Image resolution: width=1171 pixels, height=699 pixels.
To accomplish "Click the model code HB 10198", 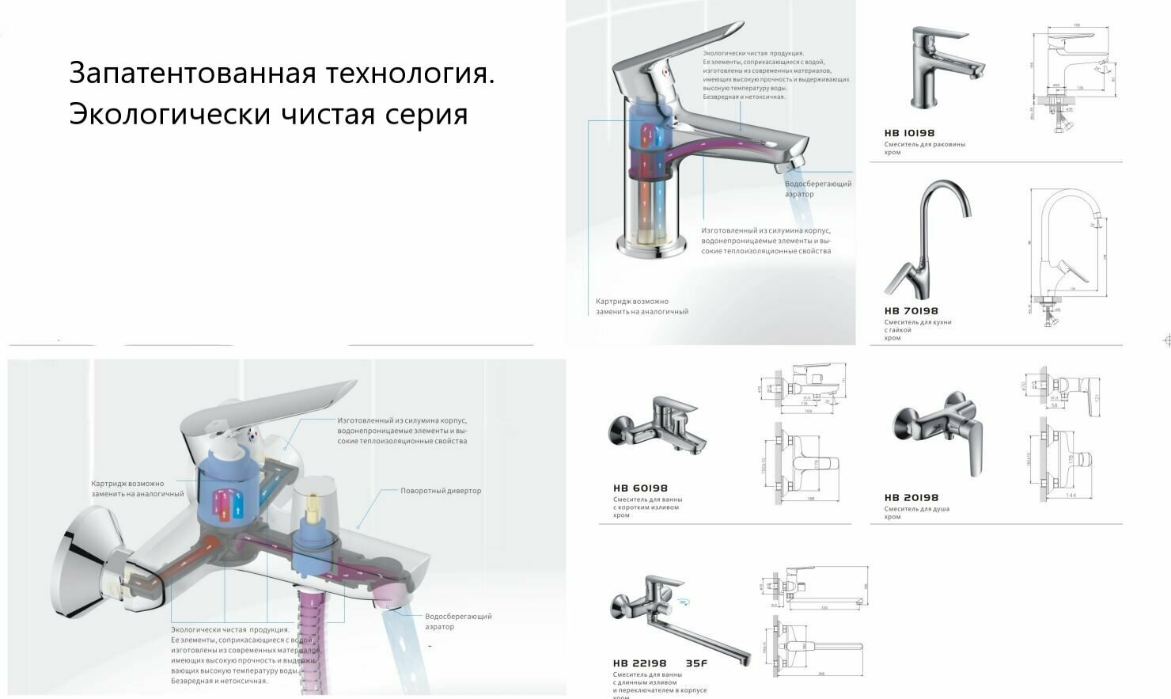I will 909,133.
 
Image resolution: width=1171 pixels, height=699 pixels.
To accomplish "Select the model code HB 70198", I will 911,311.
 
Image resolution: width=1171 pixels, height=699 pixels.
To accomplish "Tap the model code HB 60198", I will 640,488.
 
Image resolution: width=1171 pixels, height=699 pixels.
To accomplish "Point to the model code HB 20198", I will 911,498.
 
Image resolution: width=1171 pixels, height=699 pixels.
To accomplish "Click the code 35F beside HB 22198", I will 696,663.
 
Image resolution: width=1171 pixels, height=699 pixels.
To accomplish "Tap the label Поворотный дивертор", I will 441,491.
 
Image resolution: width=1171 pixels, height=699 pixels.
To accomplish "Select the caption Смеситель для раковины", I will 924,145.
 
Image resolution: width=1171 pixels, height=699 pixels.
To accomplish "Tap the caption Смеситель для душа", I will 916,509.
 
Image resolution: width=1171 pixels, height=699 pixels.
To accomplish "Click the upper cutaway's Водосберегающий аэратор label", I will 817,188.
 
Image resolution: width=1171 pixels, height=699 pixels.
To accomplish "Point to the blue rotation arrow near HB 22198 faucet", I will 683,603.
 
